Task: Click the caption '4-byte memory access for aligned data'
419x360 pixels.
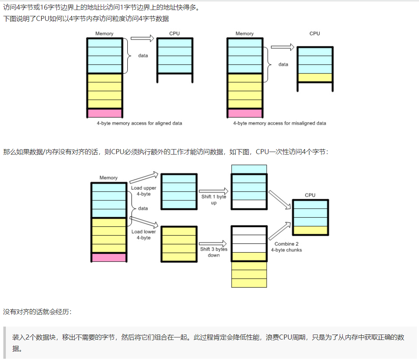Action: click(139, 124)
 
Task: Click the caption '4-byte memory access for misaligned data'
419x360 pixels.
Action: click(280, 124)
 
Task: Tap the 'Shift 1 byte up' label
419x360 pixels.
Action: click(213, 200)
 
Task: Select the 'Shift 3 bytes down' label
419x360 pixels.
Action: click(214, 252)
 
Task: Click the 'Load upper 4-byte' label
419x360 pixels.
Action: click(144, 191)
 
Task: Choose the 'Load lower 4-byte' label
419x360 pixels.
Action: click(144, 235)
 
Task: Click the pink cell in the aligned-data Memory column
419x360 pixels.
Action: click(104, 113)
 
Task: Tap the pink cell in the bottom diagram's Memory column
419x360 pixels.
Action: click(109, 257)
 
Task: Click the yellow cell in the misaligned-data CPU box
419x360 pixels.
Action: click(315, 78)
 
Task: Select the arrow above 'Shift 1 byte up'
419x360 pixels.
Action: click(213, 191)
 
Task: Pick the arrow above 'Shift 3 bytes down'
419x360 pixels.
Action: click(213, 243)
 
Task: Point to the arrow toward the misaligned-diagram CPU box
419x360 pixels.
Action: click(283, 47)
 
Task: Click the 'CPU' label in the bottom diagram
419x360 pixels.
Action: click(310, 195)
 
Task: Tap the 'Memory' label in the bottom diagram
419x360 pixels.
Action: click(109, 178)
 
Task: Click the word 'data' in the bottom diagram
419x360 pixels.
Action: click(143, 208)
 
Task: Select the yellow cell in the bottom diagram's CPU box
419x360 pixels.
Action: click(310, 230)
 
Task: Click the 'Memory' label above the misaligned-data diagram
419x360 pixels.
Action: click(245, 34)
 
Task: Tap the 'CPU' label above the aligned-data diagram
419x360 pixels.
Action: click(174, 33)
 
